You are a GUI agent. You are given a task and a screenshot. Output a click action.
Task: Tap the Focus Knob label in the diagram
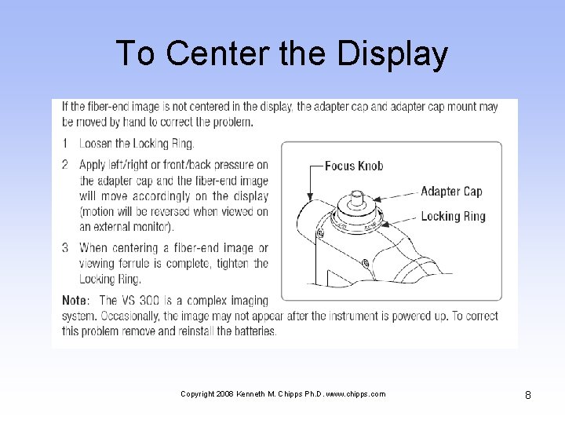[354, 166]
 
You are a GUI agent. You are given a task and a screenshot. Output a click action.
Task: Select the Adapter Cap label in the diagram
[450, 191]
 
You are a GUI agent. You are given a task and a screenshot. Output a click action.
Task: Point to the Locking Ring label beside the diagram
[453, 216]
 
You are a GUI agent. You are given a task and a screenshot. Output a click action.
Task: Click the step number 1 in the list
[66, 144]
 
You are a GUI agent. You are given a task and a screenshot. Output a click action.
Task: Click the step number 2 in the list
[66, 164]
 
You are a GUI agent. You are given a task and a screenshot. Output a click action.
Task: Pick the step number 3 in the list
[66, 247]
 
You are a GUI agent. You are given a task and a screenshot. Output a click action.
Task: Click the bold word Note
[76, 301]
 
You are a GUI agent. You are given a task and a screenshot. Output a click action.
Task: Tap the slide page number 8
[528, 395]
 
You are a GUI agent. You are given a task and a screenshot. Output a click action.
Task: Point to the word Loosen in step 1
[97, 144]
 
